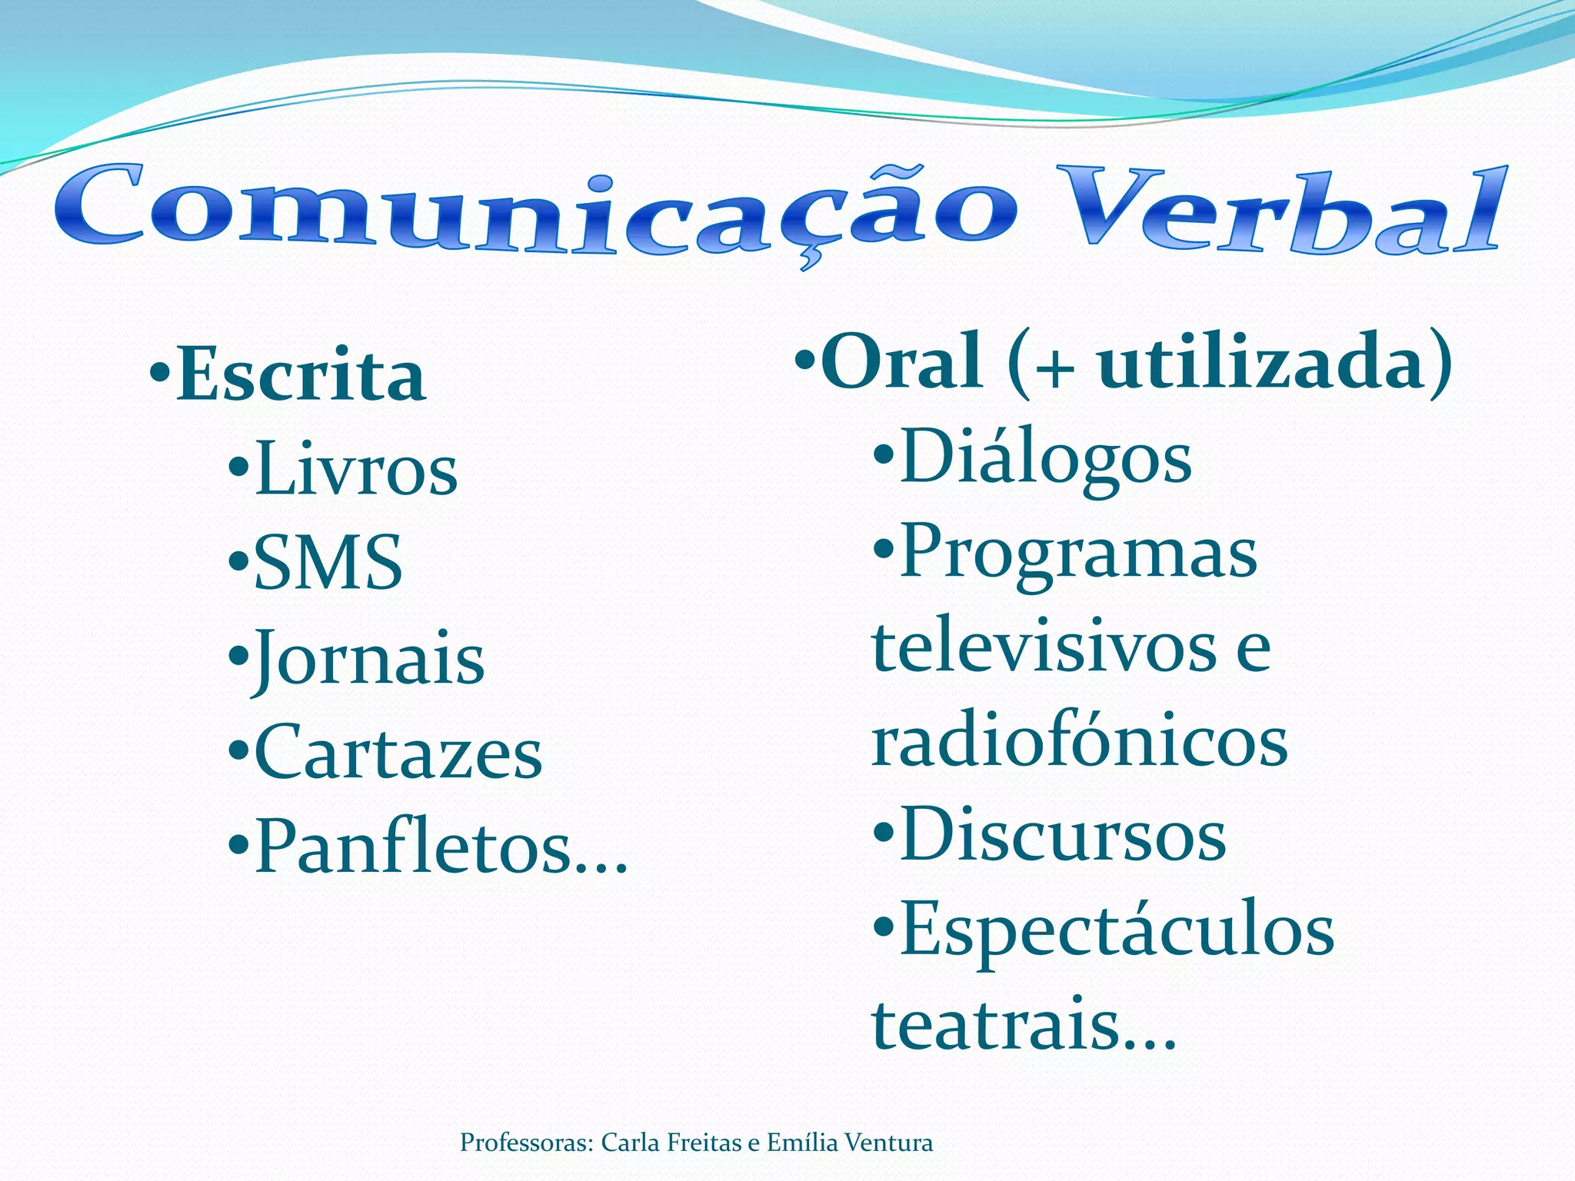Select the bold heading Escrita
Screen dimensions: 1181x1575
(301, 376)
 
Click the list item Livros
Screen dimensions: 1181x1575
(356, 469)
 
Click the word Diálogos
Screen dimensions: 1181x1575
(1046, 458)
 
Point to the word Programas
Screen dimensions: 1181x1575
(1078, 554)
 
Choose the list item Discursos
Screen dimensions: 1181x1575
(1063, 837)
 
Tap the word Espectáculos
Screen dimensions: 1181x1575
(1117, 930)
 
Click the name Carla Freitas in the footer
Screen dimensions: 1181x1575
(667, 1143)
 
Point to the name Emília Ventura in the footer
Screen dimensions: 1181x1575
(850, 1143)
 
